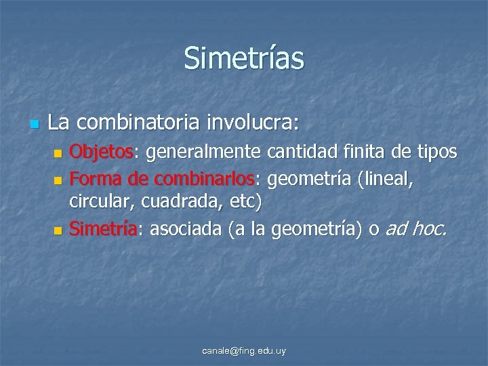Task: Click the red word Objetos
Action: click(x=102, y=151)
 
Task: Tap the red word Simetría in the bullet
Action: click(x=104, y=230)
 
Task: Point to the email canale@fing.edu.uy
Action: click(x=245, y=351)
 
